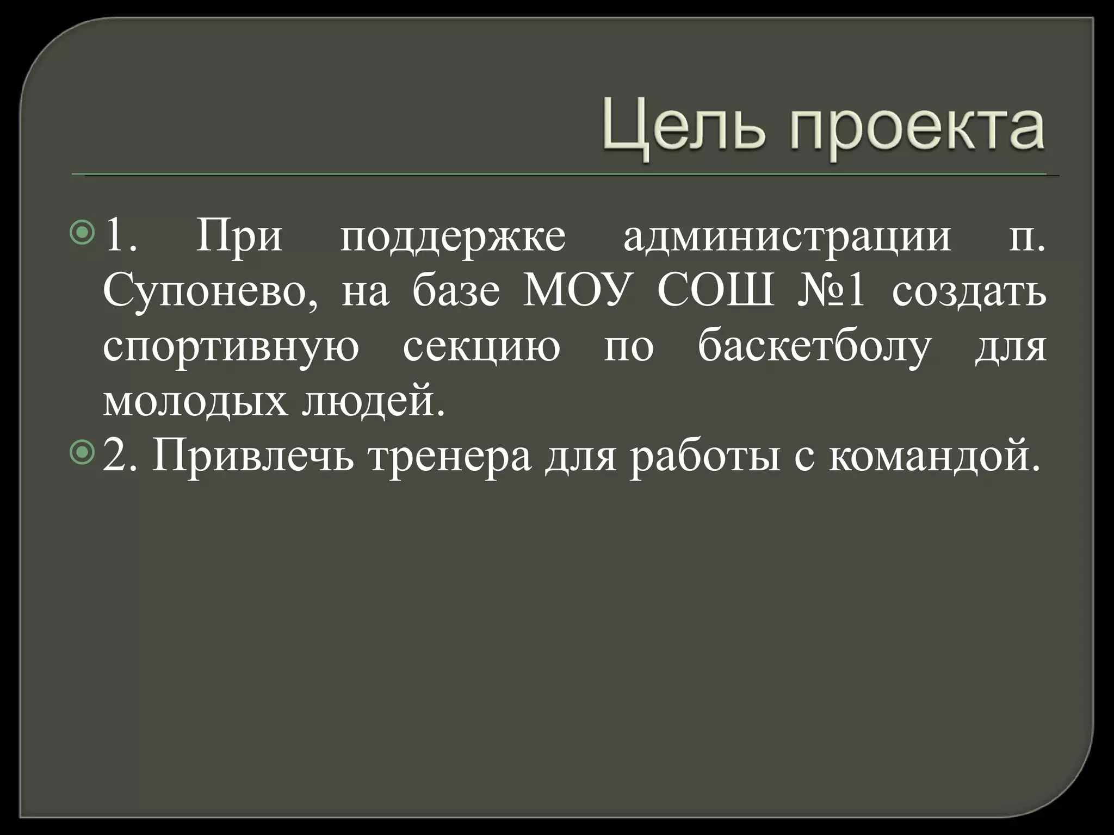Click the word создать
(x=969, y=292)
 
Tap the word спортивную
(x=231, y=348)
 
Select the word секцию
(x=481, y=348)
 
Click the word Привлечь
(x=253, y=457)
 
